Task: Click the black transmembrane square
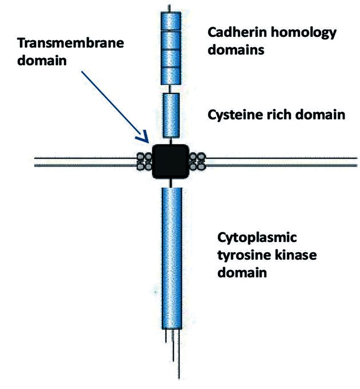170,162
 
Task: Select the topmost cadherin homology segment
170,21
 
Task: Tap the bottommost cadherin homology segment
170,76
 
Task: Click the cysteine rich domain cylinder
170,115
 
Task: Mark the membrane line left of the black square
84,162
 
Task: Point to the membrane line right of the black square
280,162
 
